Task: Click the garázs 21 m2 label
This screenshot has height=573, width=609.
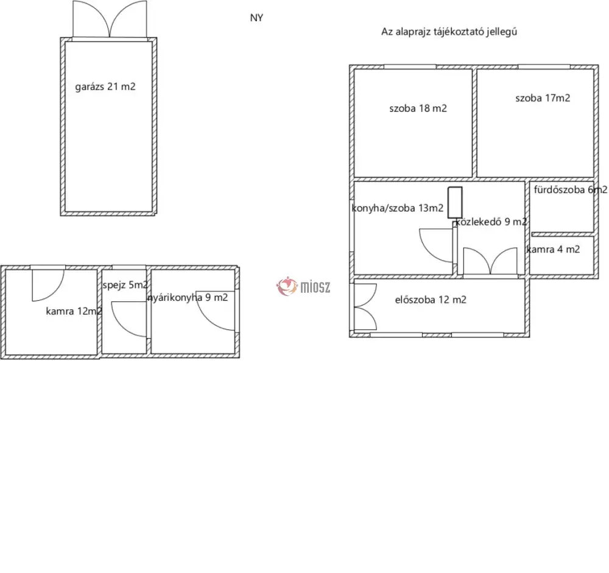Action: (105, 86)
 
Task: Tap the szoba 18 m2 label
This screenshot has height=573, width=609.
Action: (418, 108)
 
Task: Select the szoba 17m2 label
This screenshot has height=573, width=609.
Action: (543, 98)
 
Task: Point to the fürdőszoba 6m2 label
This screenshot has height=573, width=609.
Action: (570, 189)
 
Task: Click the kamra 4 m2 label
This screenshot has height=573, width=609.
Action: (553, 250)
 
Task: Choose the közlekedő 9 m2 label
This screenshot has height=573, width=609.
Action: (491, 222)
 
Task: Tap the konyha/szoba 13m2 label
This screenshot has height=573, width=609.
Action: (397, 208)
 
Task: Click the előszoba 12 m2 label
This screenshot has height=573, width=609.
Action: (431, 300)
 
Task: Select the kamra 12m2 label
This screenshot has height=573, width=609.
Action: (74, 311)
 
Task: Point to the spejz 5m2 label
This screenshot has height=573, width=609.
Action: (125, 285)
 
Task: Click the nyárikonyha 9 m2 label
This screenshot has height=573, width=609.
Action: (188, 298)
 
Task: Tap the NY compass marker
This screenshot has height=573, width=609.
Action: (256, 18)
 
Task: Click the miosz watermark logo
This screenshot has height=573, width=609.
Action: (303, 287)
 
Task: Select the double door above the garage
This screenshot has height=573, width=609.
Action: (110, 19)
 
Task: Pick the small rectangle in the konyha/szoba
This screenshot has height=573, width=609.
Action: (455, 202)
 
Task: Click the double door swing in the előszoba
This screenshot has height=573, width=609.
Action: (365, 307)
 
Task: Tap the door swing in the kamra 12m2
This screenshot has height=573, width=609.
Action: (48, 285)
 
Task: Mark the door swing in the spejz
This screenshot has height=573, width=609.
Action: (129, 319)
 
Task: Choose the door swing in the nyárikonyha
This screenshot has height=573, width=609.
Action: (216, 311)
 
